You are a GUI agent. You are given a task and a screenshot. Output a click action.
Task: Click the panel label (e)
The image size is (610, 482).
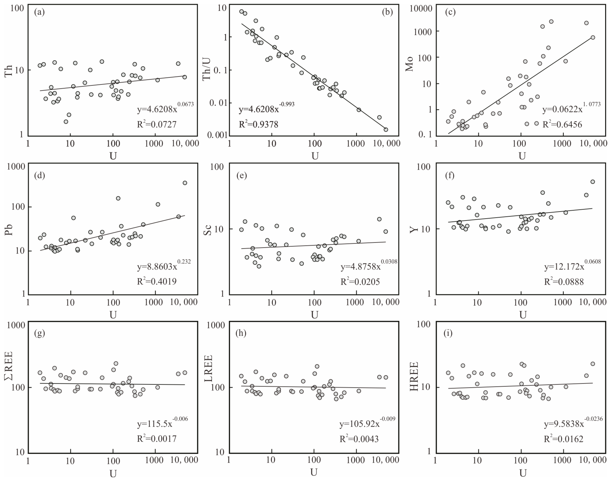pos(241,176)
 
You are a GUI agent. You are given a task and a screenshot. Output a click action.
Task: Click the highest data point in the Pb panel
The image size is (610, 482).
pos(185,183)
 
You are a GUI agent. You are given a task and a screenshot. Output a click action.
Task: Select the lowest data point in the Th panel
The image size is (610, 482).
pos(66,122)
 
